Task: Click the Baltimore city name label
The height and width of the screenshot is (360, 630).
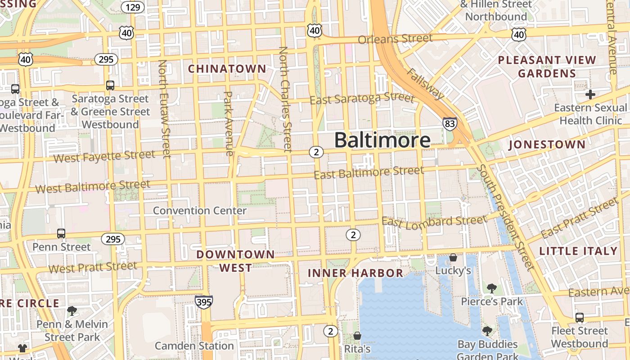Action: coord(382,140)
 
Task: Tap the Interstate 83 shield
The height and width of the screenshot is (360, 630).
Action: coord(450,123)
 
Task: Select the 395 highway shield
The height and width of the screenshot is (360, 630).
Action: coord(204,301)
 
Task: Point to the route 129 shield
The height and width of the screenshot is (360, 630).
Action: coord(133,7)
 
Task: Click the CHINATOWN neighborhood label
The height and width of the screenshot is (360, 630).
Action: coord(227,69)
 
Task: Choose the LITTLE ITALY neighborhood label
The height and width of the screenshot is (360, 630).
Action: coord(578,251)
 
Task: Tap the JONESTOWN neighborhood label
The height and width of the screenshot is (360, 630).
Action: coord(547,145)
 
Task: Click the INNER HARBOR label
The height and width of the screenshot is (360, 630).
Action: coord(355,273)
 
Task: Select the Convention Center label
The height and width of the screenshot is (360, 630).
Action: coord(200,211)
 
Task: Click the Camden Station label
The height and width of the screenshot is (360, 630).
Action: coord(194,346)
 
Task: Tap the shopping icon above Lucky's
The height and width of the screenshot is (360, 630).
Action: coord(453,257)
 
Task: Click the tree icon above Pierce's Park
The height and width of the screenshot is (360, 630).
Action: coord(491,288)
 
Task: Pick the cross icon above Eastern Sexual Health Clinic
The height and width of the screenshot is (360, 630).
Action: coord(590,94)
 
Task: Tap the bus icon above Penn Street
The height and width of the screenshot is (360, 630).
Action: coord(61,234)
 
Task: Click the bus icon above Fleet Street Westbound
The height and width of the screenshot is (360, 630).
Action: coord(580,318)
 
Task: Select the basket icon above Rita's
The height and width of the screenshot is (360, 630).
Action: coord(357,336)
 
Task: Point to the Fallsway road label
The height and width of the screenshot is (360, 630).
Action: coord(426,84)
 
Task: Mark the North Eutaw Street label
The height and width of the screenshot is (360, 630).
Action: coord(165,109)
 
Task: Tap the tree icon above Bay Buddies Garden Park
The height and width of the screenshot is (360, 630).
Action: coord(487,332)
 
